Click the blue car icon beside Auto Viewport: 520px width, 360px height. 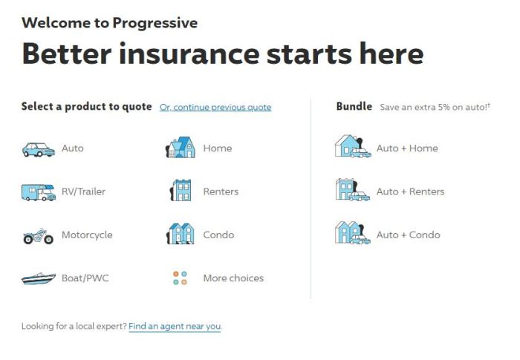[38, 149]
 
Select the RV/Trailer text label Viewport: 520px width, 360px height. [83, 192]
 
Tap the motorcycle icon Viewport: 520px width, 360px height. [38, 236]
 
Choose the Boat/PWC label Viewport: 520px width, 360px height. [85, 278]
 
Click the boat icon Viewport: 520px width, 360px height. [38, 279]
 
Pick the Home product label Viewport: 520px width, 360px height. [218, 148]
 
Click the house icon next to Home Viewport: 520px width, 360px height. [180, 148]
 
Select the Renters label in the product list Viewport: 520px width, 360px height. [221, 192]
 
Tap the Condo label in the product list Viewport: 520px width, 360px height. [218, 235]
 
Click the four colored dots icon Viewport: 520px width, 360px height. [180, 278]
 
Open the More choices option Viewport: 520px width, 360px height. [233, 278]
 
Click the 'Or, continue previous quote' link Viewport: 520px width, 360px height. [215, 108]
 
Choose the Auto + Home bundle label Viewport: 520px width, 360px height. [407, 148]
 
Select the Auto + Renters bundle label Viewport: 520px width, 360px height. [410, 192]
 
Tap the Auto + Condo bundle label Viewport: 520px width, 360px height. [408, 235]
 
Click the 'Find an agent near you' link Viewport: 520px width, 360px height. [175, 326]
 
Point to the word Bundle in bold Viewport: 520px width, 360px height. [354, 107]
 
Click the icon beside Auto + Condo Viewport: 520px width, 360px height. [352, 233]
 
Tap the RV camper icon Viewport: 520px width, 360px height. [38, 192]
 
